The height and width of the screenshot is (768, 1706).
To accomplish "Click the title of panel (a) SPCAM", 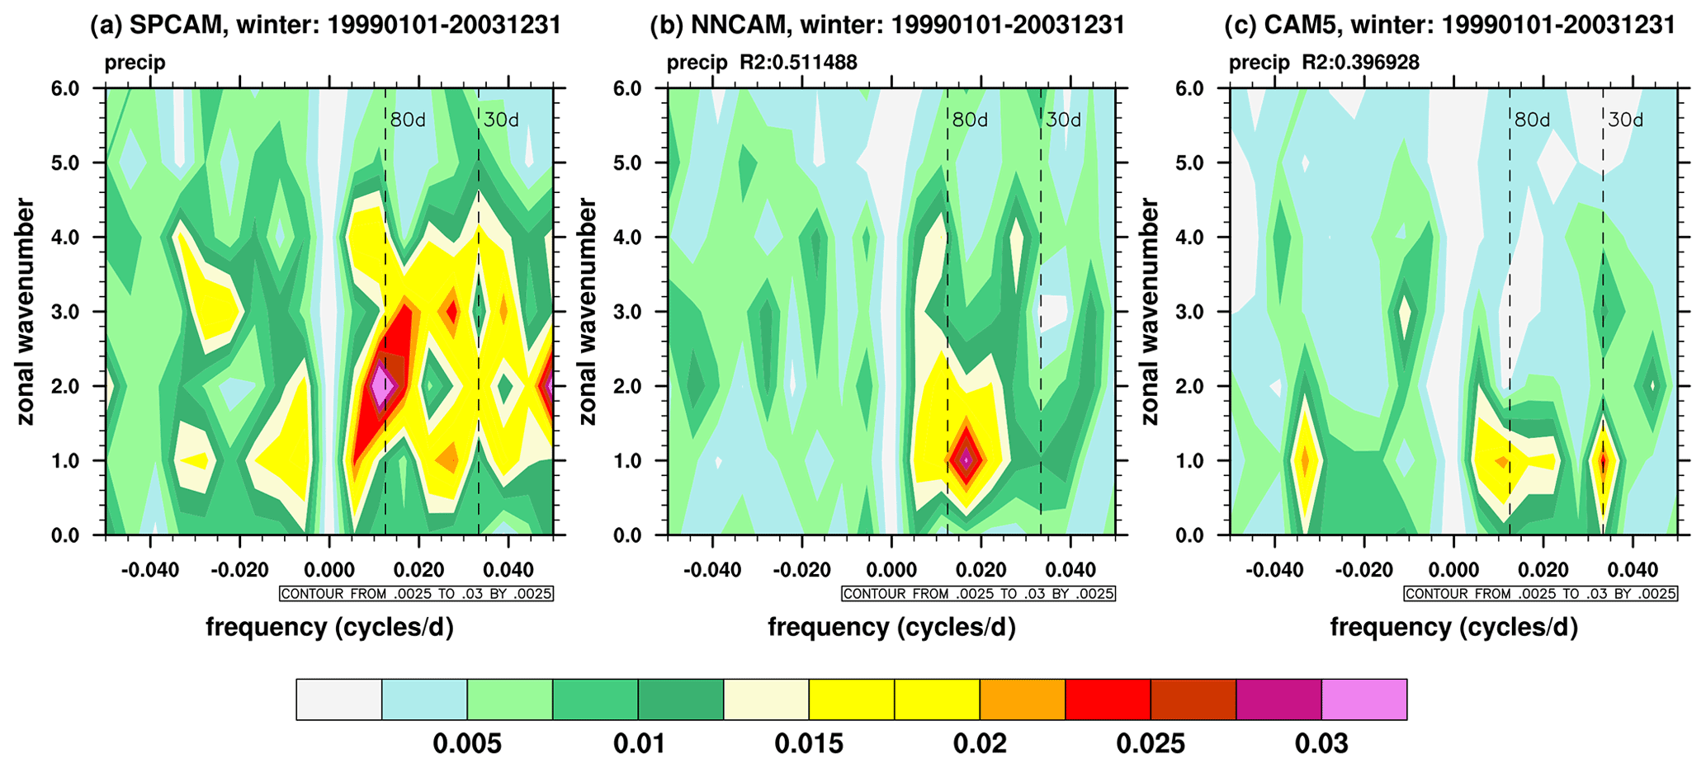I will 325,25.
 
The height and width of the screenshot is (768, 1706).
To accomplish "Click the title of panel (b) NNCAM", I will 887,25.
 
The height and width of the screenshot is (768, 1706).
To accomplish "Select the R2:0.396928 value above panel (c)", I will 1360,63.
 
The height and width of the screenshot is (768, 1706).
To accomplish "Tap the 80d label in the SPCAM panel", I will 408,120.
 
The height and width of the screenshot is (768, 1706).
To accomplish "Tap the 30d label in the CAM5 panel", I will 1625,120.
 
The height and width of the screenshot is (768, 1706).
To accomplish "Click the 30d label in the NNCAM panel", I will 1063,120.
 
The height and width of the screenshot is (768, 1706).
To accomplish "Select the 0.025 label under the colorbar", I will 1151,744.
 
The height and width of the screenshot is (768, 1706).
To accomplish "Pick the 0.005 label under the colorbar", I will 467,744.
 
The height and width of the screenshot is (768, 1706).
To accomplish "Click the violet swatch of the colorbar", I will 1363,700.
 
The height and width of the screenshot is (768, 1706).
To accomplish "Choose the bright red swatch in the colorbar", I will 1108,700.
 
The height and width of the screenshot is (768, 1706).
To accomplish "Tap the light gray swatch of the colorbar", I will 339,700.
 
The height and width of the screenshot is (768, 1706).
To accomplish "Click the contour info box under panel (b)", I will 978,594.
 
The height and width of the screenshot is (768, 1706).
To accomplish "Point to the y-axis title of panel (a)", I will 26,311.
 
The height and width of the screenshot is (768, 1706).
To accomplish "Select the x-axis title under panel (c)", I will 1453,628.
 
